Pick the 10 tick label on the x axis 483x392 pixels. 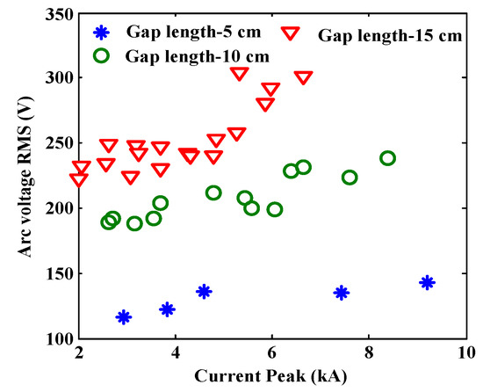coord(464,355)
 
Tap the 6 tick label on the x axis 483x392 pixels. coord(272,355)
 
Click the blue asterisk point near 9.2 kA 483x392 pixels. coord(427,282)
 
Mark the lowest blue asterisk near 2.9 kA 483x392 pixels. coord(124,316)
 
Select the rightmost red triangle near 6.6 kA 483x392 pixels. coord(304,78)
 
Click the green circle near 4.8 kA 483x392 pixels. coord(213,192)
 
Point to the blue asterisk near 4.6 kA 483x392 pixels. coord(204,291)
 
